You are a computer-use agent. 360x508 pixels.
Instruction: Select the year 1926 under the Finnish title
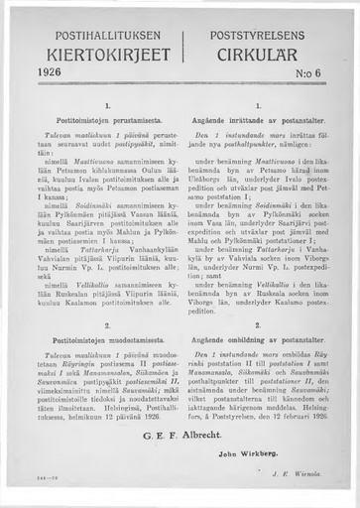[49, 72]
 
